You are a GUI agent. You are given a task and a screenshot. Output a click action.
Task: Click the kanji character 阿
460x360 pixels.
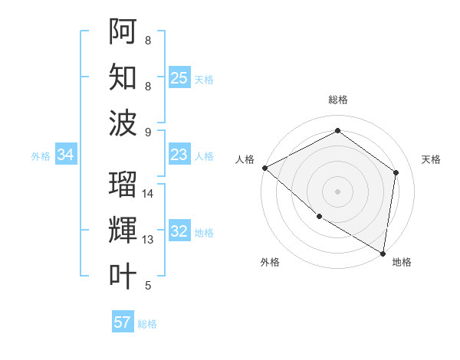point(123,31)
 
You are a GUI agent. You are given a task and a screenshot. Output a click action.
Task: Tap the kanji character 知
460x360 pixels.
point(123,77)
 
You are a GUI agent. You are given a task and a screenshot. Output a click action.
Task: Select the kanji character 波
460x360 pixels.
point(123,123)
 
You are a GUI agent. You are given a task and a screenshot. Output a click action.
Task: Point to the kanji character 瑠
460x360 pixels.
point(123,184)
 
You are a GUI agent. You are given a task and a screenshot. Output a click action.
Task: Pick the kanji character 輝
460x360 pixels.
point(123,231)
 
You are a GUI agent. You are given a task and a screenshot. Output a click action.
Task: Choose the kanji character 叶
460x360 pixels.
point(123,276)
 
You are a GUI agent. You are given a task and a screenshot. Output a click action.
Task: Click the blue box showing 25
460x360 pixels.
point(179,77)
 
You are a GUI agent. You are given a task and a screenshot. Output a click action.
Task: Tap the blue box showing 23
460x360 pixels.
point(179,155)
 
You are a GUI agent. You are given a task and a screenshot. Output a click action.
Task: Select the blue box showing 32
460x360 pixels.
point(179,231)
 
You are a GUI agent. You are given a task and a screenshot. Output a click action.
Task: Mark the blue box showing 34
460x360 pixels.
point(66,155)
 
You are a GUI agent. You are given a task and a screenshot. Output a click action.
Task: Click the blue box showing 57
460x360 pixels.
point(123,322)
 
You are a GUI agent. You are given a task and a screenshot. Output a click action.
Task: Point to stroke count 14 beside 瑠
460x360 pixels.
point(149,194)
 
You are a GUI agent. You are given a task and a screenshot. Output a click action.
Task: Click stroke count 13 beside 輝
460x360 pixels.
point(149,240)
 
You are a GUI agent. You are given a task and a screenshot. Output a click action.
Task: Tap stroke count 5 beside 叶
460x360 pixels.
point(148,286)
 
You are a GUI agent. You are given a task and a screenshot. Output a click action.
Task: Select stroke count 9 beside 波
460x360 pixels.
point(148,132)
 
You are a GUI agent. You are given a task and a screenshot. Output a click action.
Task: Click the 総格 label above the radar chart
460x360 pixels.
point(337,100)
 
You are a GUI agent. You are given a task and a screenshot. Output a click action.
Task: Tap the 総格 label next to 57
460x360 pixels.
point(147,324)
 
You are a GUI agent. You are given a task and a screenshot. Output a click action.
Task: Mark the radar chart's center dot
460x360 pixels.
point(337,191)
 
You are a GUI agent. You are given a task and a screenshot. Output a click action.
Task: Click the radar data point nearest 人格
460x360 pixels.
point(264,168)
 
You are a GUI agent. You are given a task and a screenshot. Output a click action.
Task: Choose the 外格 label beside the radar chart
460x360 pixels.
point(270,262)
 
